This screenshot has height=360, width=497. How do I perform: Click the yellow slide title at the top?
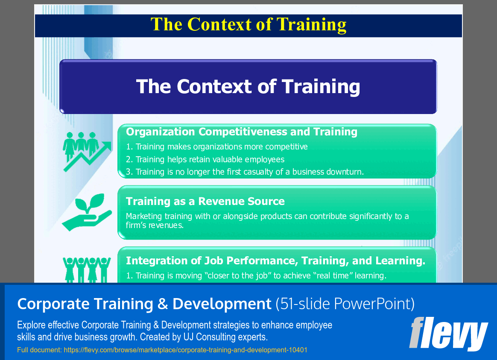pyautogui.click(x=248, y=24)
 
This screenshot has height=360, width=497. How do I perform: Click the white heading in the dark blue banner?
pyautogui.click(x=248, y=87)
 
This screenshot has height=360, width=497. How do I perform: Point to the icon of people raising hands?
pyautogui.click(x=87, y=269)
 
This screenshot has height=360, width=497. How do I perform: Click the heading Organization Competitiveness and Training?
pyautogui.click(x=242, y=132)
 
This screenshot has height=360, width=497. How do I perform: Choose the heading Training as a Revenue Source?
pyautogui.click(x=205, y=201)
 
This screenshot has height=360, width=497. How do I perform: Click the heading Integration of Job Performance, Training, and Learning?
pyautogui.click(x=275, y=260)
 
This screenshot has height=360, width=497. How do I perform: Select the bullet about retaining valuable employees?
pyautogui.click(x=205, y=159)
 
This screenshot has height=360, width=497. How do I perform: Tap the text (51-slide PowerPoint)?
pyautogui.click(x=345, y=304)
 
